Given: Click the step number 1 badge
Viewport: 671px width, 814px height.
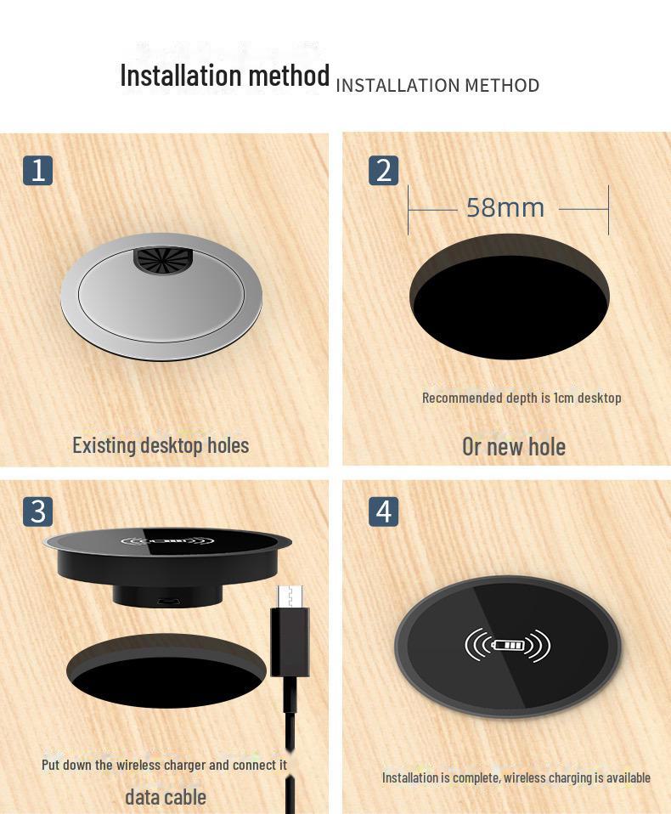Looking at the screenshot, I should pos(37,170).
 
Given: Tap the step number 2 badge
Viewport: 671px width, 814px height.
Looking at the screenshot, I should pos(384,170).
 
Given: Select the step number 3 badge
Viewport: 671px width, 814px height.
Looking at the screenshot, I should pos(37,512).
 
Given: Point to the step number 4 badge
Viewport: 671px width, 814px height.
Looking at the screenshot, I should pos(384,512).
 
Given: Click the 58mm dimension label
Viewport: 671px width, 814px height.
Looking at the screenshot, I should pos(505,207).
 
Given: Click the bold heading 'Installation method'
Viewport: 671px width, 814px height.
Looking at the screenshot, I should pos(224,76).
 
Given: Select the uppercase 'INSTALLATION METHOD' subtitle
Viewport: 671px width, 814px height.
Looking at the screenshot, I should pos(437,86).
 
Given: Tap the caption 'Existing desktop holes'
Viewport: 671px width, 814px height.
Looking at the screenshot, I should pos(161,445).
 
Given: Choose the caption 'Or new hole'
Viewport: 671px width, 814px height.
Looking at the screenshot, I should pos(513,447).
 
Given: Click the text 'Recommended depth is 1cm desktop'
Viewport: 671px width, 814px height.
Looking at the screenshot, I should pos(522,398).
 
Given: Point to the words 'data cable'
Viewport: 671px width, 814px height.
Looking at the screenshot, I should pos(166,797).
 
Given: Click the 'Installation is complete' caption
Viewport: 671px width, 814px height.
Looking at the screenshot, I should pos(516,777).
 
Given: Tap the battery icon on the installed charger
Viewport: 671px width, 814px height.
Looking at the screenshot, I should pos(509,646).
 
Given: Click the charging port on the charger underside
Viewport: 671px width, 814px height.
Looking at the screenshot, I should pos(168,602).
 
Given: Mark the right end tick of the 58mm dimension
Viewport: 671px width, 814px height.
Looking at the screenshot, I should pos(608,209).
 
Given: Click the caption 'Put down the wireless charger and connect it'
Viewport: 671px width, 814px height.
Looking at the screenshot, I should pos(164,765).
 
